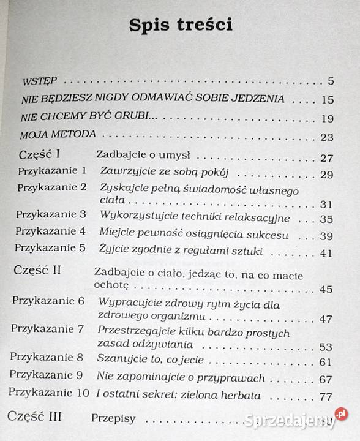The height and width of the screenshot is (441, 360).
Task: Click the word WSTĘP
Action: click(39, 80)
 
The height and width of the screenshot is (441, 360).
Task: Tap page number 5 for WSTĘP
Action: click(330, 81)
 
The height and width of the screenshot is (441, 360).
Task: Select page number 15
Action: click(327, 99)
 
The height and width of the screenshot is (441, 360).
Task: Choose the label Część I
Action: click(43, 154)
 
